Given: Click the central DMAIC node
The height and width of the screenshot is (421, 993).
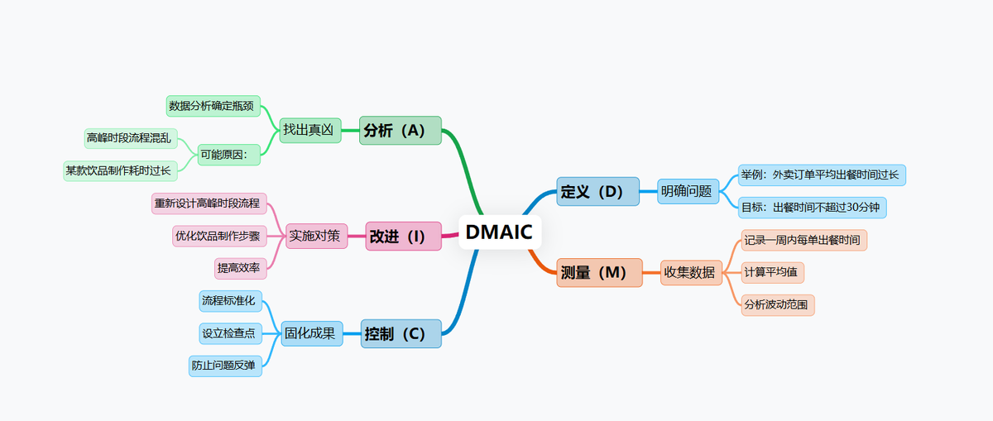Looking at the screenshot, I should [x=500, y=232].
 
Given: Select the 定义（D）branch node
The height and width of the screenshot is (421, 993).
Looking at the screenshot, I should [x=597, y=191].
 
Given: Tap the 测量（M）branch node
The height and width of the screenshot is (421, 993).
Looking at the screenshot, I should [x=599, y=272].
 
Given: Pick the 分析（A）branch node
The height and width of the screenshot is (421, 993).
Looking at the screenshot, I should [x=401, y=130].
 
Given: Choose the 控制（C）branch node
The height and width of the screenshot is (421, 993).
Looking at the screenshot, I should [x=401, y=333].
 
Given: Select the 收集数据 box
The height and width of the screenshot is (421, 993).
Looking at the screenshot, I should [x=692, y=272].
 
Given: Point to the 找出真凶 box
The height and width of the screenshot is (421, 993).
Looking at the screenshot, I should [x=310, y=130].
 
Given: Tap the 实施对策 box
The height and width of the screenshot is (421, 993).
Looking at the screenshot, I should [x=315, y=236].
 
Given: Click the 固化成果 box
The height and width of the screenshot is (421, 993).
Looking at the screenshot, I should [x=312, y=333].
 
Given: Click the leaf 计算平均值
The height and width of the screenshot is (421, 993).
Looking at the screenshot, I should [x=773, y=272].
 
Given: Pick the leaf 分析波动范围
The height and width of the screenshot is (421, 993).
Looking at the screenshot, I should [x=778, y=304].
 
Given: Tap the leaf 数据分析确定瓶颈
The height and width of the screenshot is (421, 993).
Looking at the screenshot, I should [x=213, y=106].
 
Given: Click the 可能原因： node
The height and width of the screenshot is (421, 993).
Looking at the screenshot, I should [x=228, y=154].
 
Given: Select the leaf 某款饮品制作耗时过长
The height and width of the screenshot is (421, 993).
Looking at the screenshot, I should [x=121, y=171].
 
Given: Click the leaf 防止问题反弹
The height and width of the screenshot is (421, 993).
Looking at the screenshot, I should [x=225, y=366].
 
